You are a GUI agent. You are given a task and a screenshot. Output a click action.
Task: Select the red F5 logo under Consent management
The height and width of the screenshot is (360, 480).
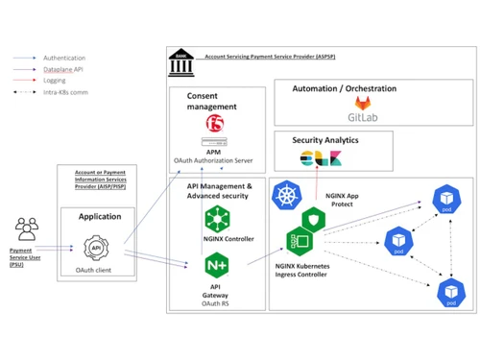point(215,122)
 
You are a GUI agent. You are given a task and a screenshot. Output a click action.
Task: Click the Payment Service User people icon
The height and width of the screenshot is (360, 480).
point(27,228)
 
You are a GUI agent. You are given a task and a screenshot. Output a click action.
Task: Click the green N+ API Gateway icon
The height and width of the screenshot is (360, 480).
point(215,263)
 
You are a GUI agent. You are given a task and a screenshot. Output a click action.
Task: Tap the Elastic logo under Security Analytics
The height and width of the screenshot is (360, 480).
point(315,158)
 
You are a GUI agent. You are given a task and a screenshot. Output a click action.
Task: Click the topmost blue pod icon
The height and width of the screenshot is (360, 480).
point(445,203)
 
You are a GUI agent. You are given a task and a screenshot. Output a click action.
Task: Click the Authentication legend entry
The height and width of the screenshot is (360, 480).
point(63,58)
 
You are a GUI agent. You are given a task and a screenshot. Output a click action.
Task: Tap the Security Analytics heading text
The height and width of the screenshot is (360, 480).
point(324,140)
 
